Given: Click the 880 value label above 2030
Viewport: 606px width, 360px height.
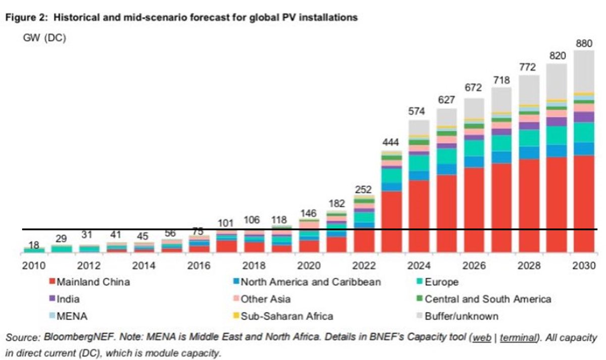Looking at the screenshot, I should (584, 44).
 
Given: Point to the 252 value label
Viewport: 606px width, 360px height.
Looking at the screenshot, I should (364, 189).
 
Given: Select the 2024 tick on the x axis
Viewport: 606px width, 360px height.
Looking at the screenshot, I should (419, 266).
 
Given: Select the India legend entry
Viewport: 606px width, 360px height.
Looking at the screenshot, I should (69, 299).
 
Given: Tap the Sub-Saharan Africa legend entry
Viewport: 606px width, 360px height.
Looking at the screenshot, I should (286, 316).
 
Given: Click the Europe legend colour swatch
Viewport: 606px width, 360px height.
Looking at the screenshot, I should (419, 282).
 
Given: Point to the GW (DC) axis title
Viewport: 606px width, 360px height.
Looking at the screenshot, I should (44, 38).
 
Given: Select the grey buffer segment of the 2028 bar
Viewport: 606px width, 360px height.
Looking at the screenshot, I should (528, 90).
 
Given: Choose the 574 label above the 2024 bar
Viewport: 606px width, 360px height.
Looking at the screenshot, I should (419, 111).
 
